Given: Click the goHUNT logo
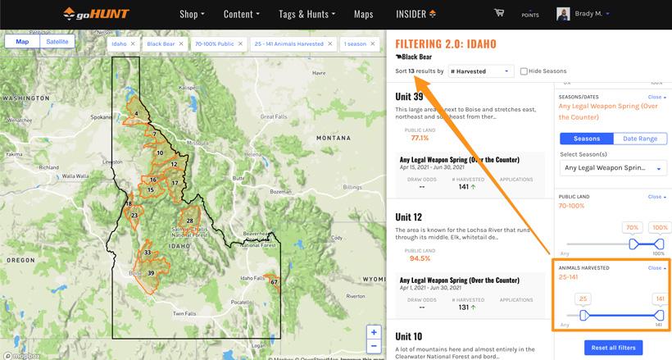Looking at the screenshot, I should click(98, 14).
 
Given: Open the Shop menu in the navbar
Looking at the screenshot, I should click(192, 14).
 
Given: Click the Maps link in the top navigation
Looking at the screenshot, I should click(363, 14).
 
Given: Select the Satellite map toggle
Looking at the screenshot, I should click(57, 42).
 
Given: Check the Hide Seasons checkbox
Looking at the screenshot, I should click(524, 71).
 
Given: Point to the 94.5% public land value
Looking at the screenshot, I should click(420, 258).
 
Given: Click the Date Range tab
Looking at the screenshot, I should click(640, 139).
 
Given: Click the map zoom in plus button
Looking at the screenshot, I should click(374, 332).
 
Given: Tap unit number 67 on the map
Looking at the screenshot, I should click(275, 282).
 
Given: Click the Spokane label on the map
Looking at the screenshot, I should click(102, 117).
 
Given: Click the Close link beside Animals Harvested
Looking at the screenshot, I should click(656, 268).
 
